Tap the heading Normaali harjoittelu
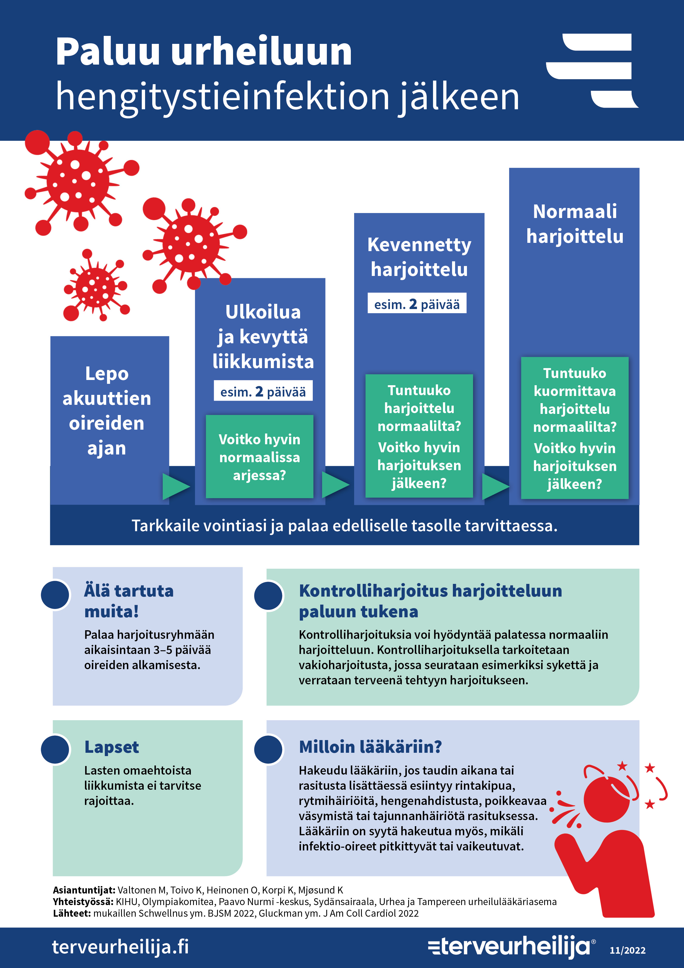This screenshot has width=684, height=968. click(575, 224)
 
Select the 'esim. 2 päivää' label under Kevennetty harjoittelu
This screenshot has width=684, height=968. click(417, 303)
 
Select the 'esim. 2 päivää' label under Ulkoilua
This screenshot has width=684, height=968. click(263, 391)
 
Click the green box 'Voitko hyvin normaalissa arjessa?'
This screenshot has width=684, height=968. click(260, 457)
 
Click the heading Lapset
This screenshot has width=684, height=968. click(112, 747)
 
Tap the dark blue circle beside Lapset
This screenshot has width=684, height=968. click(55, 749)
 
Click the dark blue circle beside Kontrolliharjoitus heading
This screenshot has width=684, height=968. click(268, 595)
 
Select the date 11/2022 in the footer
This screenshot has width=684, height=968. click(627, 950)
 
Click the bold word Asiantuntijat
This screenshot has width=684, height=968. click(84, 890)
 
